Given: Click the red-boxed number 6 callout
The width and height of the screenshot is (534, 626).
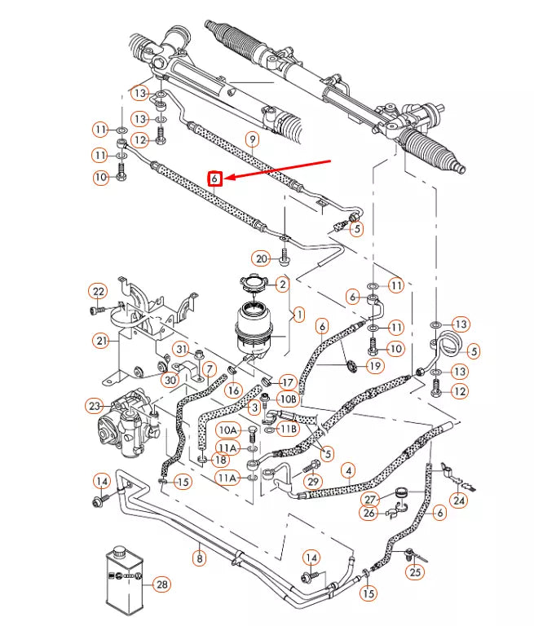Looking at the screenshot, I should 214,178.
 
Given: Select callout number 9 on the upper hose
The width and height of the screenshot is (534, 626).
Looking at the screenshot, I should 253,139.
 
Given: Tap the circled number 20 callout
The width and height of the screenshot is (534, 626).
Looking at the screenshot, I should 261,258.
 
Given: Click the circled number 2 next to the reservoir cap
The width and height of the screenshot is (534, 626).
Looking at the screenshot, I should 282,284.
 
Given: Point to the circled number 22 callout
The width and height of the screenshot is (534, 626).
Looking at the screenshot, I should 98,292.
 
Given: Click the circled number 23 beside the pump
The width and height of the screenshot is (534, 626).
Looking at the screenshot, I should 95,405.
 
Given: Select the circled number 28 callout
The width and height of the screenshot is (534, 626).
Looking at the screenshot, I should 161,584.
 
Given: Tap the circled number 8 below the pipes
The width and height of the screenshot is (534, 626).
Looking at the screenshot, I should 199,558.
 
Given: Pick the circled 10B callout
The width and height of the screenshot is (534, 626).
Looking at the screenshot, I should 288,399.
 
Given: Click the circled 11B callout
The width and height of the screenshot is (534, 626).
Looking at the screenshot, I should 288,428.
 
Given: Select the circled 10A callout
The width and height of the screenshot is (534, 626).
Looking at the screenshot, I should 227,430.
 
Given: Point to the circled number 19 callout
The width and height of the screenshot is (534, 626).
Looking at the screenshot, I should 374,367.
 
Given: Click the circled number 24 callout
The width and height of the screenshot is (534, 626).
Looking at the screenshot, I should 460,500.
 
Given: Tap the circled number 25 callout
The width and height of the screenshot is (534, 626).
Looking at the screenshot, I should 417,572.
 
